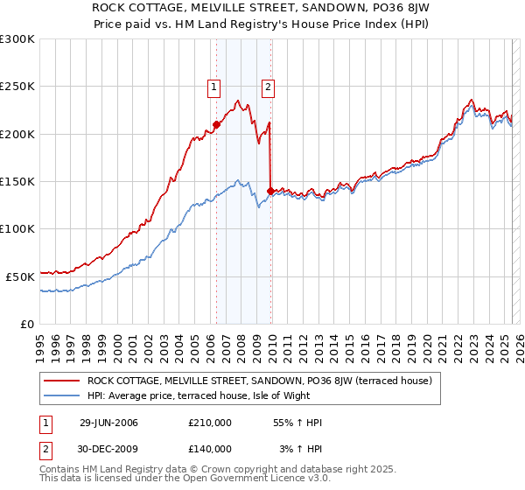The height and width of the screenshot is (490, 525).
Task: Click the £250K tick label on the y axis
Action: [17, 87]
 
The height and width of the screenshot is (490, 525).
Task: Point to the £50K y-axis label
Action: [21, 276]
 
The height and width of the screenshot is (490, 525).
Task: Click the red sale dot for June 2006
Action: [216, 124]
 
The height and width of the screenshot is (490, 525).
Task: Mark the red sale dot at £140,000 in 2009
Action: [270, 191]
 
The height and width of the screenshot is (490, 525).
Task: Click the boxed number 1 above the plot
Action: [213, 87]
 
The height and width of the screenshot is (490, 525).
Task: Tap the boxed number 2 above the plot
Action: [267, 87]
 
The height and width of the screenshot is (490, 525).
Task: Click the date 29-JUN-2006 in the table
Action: [108, 423]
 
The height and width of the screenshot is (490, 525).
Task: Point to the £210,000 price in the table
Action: [209, 423]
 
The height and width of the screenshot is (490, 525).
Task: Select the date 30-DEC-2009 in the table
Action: [108, 448]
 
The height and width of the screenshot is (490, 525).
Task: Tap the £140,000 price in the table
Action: [209, 448]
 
